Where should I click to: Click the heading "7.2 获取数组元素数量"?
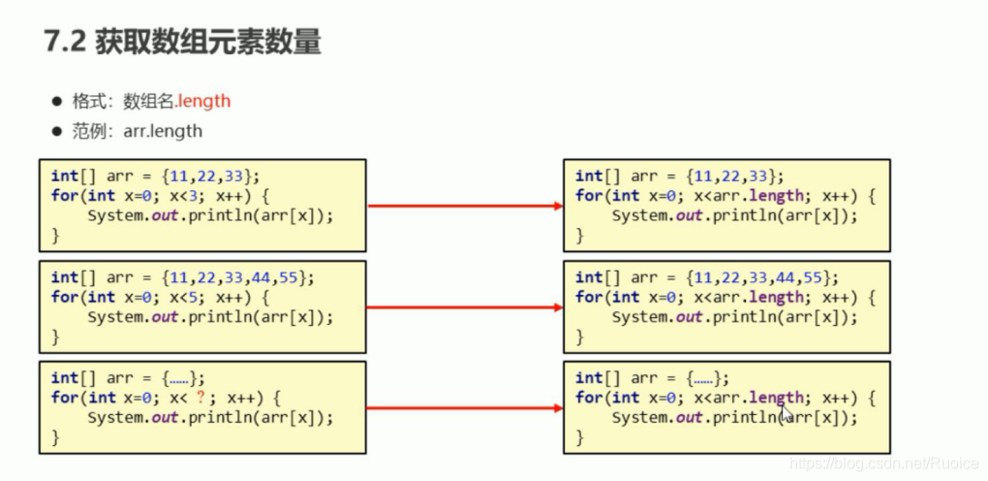[x=183, y=43]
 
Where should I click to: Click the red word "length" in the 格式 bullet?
[x=203, y=101]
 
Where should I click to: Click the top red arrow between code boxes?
[x=465, y=206]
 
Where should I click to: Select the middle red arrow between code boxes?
[x=465, y=307]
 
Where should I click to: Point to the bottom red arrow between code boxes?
[x=465, y=408]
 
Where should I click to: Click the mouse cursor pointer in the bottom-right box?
[x=786, y=412]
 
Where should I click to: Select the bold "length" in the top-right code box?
[x=777, y=195]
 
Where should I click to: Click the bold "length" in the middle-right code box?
[x=777, y=297]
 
